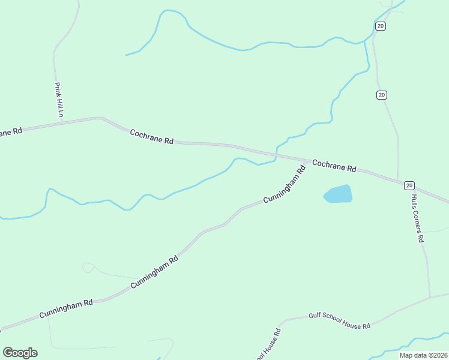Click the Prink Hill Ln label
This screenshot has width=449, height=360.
(59, 100)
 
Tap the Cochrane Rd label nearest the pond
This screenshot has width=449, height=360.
(334, 166)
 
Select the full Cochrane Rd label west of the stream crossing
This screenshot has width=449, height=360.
(152, 136)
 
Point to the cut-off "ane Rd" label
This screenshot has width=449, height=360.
(11, 131)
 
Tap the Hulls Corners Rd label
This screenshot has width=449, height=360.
(418, 217)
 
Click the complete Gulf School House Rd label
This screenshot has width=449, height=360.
(339, 320)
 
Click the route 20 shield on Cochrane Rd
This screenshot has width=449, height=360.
(409, 185)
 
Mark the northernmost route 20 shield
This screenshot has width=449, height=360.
(380, 26)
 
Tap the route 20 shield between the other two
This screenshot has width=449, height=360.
(382, 95)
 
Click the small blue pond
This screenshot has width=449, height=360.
(338, 194)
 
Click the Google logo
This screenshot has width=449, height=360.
(20, 352)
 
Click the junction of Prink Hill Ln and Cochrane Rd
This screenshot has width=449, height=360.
(62, 122)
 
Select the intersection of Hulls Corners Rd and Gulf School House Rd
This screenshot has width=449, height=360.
(430, 297)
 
